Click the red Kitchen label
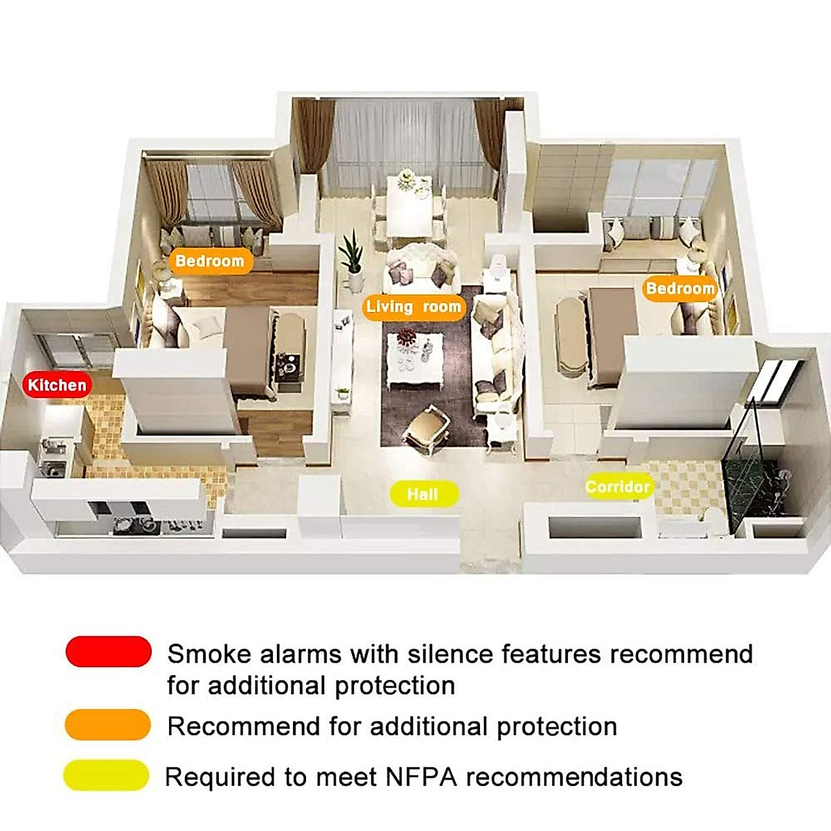pyautogui.click(x=57, y=385)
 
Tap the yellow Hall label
pyautogui.click(x=422, y=494)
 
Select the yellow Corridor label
pyautogui.click(x=617, y=487)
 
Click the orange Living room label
pyautogui.click(x=413, y=307)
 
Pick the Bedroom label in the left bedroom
pyautogui.click(x=210, y=261)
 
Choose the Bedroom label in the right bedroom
pyautogui.click(x=679, y=288)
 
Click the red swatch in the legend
pyautogui.click(x=109, y=652)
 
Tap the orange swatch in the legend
pyautogui.click(x=108, y=725)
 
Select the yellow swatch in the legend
pyautogui.click(x=107, y=776)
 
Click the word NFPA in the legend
pyautogui.click(x=421, y=777)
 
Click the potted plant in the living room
pyautogui.click(x=352, y=260)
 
